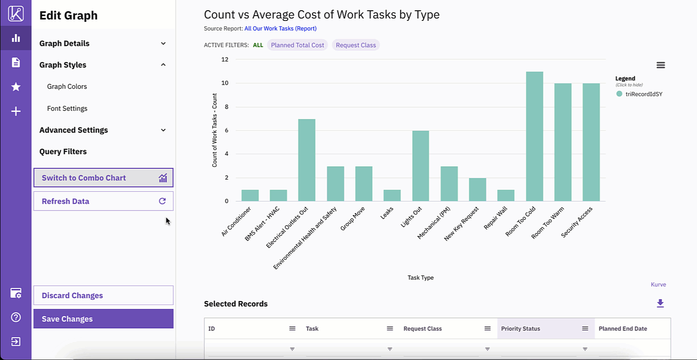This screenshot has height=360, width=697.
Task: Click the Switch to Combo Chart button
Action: coord(103,178)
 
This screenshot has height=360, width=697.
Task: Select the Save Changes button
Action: coord(103,319)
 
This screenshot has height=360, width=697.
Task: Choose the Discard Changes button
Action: coord(103,295)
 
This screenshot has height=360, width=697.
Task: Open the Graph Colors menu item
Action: coord(67,87)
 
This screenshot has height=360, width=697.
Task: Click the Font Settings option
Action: coord(67,108)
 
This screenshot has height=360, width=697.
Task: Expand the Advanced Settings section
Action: coord(103,130)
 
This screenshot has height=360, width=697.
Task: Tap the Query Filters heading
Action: coord(63,151)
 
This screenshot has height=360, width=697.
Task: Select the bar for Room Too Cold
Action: coord(535,137)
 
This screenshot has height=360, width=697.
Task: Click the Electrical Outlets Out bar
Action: coord(307,160)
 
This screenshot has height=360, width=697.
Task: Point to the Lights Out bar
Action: coord(421,166)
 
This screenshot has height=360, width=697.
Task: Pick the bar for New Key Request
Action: coord(478,190)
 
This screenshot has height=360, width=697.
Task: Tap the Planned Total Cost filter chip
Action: coord(297,45)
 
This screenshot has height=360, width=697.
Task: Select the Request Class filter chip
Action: coord(356,45)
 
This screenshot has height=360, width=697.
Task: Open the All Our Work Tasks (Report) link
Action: coord(280,29)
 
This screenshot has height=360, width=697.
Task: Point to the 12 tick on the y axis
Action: coord(225,59)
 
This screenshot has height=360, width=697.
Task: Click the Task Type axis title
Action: coord(420,278)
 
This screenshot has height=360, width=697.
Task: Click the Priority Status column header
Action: coord(520,328)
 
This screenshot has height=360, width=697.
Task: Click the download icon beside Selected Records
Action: coord(660,304)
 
